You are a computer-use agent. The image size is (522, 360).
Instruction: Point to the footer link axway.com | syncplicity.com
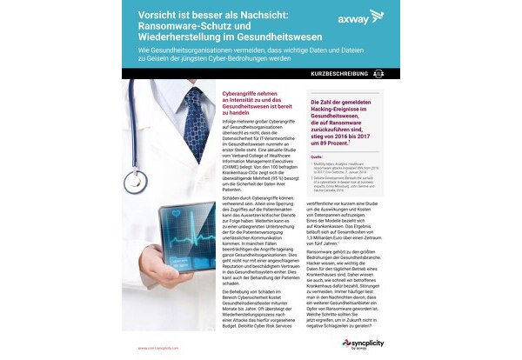(x=163, y=346)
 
